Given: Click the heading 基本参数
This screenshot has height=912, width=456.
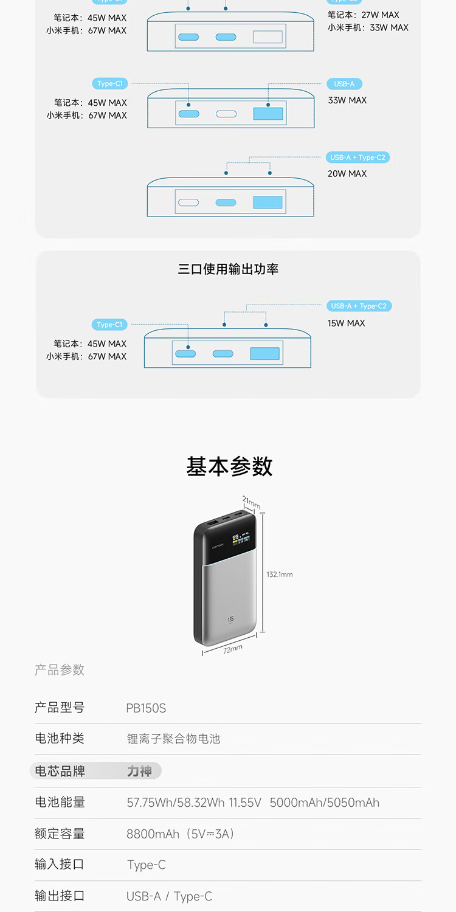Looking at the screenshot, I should point(229,466).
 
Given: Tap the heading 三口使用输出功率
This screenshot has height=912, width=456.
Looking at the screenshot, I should point(228,269).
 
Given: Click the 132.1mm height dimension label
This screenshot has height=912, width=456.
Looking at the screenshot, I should point(280,575).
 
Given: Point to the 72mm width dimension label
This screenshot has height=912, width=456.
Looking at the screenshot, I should point(232,649).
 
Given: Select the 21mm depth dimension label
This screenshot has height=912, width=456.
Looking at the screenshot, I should point(250,503).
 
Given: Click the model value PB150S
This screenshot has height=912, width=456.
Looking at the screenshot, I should point(146,708).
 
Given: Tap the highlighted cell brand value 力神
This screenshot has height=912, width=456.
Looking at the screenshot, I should point(139,771).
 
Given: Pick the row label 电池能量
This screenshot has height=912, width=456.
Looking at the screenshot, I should point(60,802).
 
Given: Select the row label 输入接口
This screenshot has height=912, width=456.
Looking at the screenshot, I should point(60,864).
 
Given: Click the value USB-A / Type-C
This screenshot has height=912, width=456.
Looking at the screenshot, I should point(169,896).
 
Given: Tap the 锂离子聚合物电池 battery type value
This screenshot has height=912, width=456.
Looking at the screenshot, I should point(173,739).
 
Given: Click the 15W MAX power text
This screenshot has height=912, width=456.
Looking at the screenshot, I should point(347,323).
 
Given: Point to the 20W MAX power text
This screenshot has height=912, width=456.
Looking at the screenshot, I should point(347,174).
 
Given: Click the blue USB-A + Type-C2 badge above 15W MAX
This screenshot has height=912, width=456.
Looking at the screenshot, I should point(358,306).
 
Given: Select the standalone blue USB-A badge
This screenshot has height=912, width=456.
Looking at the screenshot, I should point(344,84).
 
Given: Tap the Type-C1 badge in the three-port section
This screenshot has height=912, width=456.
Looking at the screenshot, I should point(109,325).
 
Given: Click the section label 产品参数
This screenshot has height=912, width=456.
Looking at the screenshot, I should point(60,670).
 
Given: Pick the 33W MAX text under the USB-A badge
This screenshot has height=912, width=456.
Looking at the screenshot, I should point(347,100).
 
